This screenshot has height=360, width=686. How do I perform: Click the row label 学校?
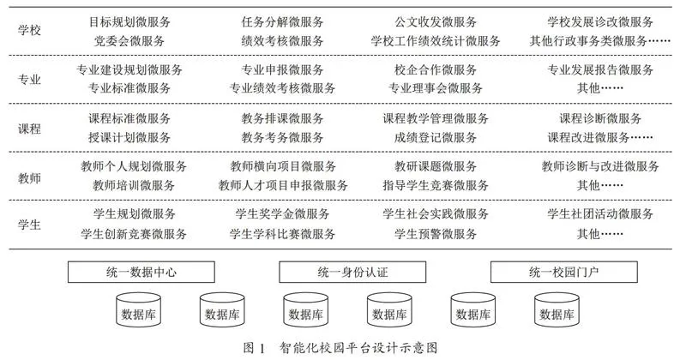[x=29, y=30]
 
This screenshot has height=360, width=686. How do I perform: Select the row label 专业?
[x=29, y=79]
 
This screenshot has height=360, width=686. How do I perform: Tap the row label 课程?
[x=29, y=129]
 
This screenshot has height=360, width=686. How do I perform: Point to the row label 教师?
[x=29, y=178]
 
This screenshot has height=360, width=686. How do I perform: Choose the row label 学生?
[x=29, y=225]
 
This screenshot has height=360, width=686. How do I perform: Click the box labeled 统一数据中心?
[x=141, y=272]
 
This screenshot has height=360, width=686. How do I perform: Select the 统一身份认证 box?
[x=352, y=272]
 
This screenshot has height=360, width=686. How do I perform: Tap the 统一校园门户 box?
[x=564, y=272]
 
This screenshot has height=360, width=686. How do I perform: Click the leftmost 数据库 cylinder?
[x=138, y=310]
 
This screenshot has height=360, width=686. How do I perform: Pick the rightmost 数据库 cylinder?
[x=557, y=310]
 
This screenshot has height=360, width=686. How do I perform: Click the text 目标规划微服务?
[x=129, y=22]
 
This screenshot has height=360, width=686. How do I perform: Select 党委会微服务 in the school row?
[x=129, y=41]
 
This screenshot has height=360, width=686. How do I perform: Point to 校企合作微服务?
[x=436, y=69]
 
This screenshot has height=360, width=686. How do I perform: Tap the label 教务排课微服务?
[x=283, y=118]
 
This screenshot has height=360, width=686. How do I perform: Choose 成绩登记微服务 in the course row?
[x=436, y=137]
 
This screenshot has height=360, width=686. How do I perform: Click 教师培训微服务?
[x=134, y=185]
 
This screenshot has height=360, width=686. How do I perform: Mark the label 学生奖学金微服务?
[x=283, y=214]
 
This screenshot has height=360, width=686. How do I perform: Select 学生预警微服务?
[x=436, y=234]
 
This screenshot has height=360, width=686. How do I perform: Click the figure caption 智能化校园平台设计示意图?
[x=358, y=348]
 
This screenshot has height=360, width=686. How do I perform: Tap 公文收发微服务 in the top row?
[x=436, y=22]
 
